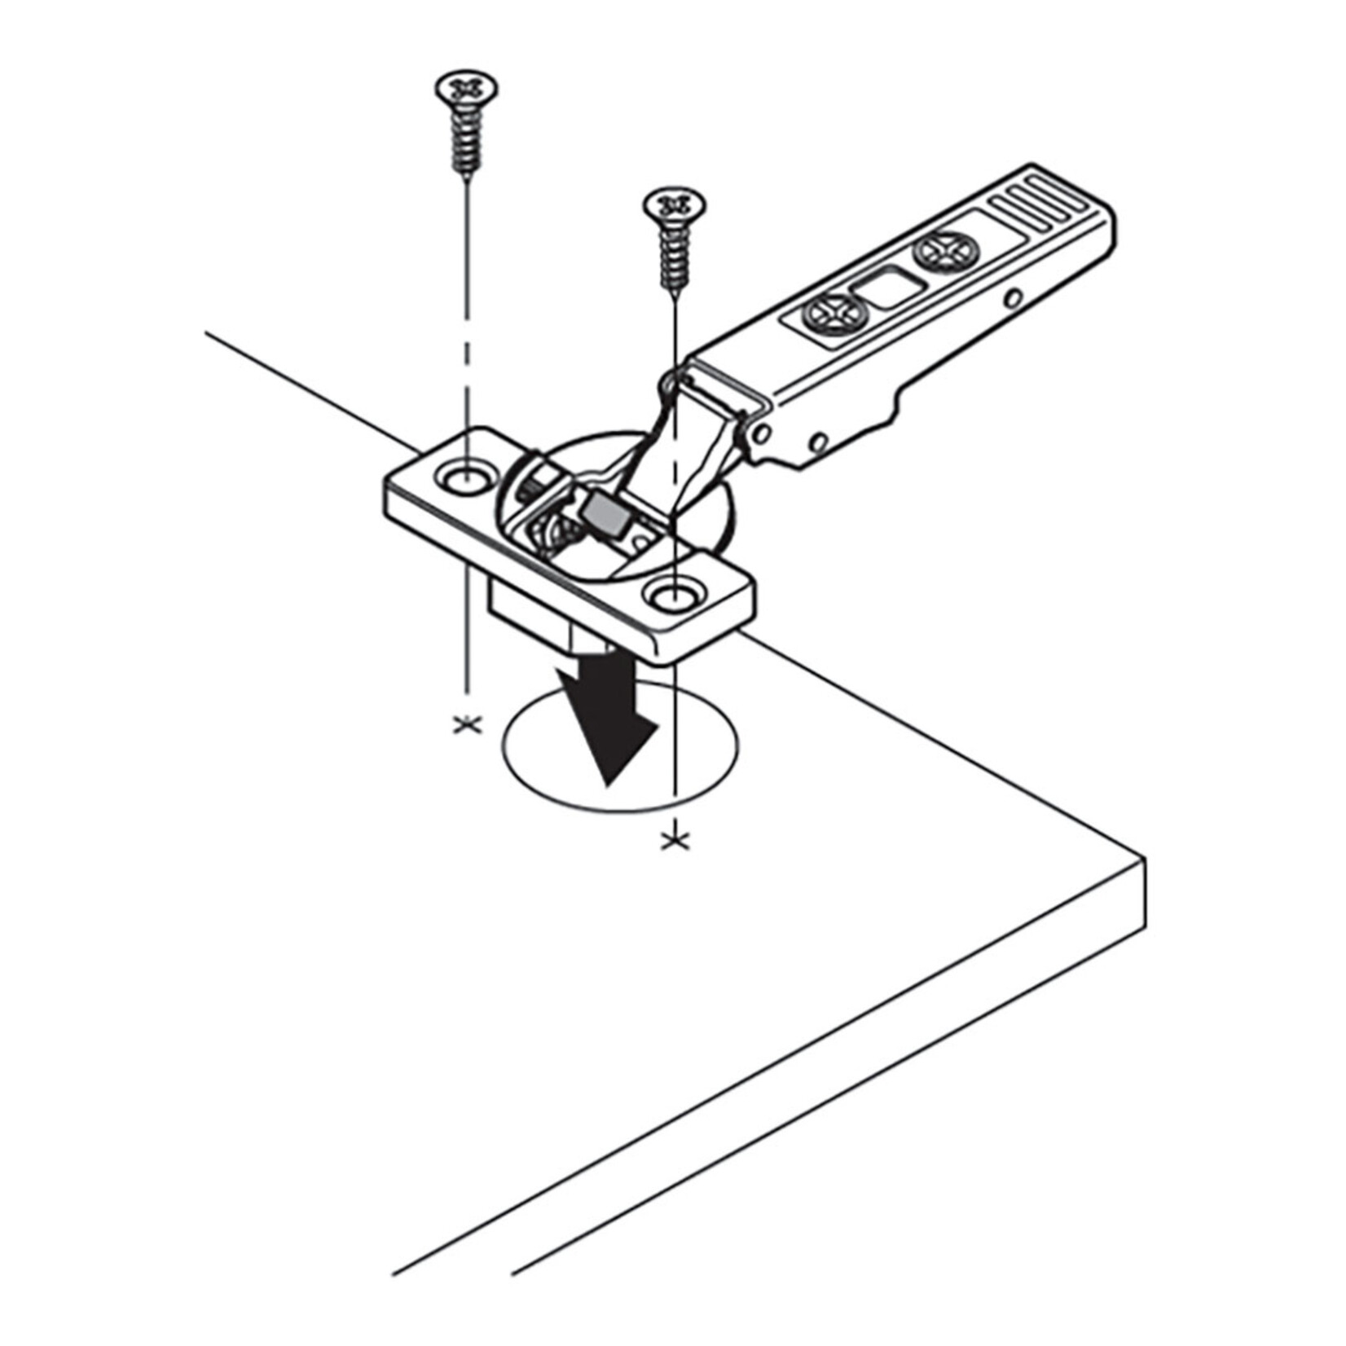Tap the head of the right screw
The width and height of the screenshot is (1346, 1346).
[x=674, y=204]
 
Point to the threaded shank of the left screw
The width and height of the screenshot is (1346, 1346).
[x=465, y=143]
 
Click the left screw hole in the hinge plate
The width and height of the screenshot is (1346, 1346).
[x=464, y=475]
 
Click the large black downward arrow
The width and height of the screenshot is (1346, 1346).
[x=607, y=717]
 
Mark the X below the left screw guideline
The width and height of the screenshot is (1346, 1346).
[x=467, y=724]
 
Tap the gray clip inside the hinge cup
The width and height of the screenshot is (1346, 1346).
[x=603, y=514]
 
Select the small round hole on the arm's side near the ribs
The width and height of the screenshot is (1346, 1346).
[x=1013, y=299]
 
